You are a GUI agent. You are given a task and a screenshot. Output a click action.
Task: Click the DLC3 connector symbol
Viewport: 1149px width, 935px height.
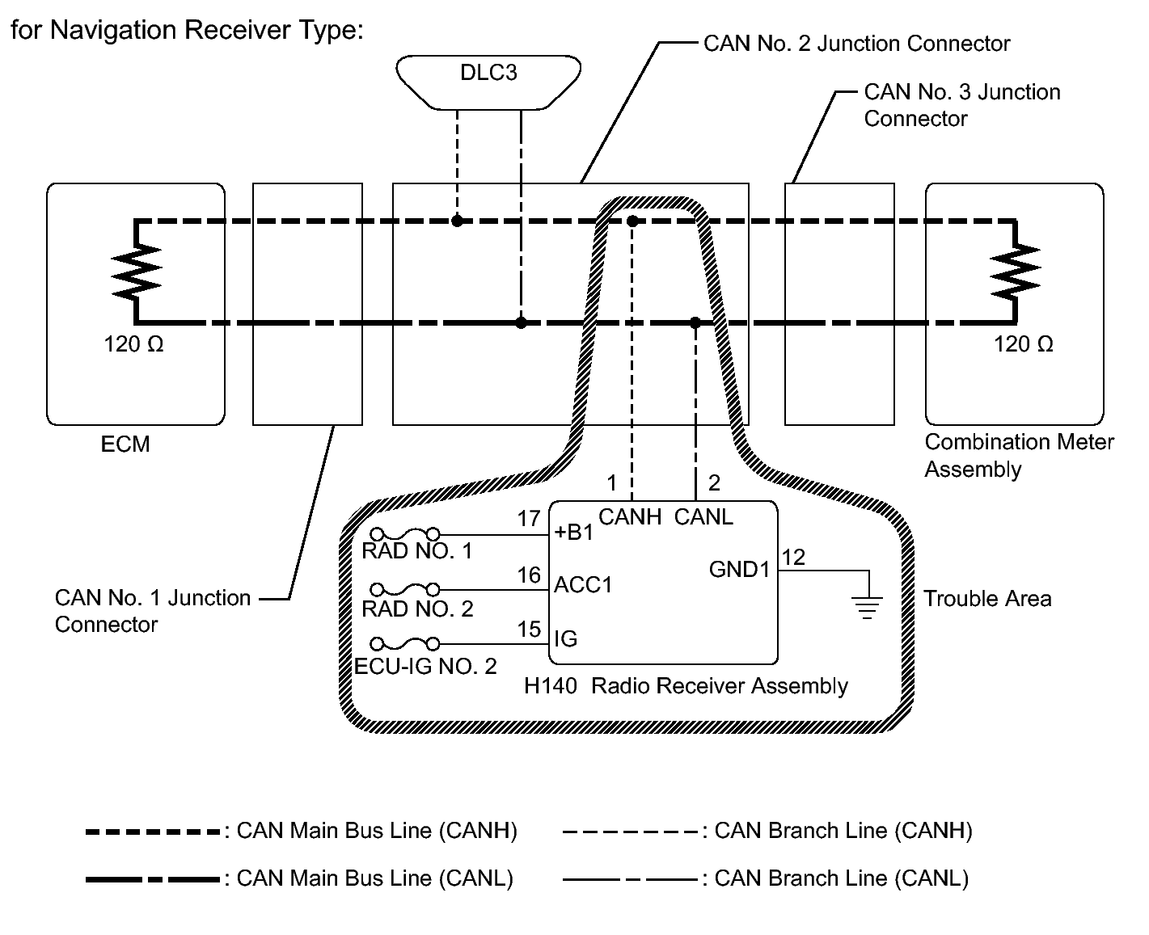point(488,81)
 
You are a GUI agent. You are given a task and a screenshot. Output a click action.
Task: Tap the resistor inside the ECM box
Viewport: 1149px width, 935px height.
point(137,272)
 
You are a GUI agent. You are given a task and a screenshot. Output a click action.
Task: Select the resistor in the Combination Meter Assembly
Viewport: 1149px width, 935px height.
point(1016,272)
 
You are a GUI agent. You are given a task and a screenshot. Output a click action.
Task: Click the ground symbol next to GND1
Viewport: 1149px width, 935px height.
point(867,606)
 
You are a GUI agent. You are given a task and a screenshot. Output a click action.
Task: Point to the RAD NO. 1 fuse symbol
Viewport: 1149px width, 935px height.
point(404,534)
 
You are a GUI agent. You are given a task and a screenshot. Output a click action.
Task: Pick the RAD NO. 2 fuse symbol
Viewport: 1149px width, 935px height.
point(404,589)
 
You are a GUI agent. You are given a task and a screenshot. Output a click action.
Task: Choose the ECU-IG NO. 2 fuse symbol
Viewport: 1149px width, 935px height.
point(404,644)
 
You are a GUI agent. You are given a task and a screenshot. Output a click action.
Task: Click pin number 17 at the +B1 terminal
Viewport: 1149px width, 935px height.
point(529,519)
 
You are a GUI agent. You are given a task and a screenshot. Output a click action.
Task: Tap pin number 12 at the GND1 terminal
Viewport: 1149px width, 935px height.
point(794,557)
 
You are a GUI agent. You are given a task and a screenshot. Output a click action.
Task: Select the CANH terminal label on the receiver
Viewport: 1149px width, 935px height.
point(630,517)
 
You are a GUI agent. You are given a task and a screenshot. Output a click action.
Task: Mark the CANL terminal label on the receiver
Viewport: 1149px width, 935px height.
point(703,517)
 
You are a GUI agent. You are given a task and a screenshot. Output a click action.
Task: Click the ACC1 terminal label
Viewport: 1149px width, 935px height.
point(583,585)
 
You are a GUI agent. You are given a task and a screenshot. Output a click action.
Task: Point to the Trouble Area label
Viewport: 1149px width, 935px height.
point(987,599)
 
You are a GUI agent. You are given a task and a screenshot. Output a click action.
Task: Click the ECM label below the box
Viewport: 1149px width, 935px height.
point(125,444)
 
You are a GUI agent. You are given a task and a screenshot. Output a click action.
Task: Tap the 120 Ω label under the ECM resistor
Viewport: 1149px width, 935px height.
point(133,345)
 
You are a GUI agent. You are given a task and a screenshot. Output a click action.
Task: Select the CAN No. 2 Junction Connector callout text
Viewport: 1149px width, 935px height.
point(856,44)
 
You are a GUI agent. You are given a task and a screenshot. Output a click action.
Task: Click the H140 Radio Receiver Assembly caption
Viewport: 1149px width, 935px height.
point(686,686)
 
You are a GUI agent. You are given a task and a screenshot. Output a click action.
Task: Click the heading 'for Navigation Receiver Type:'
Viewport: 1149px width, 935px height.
point(188,31)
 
